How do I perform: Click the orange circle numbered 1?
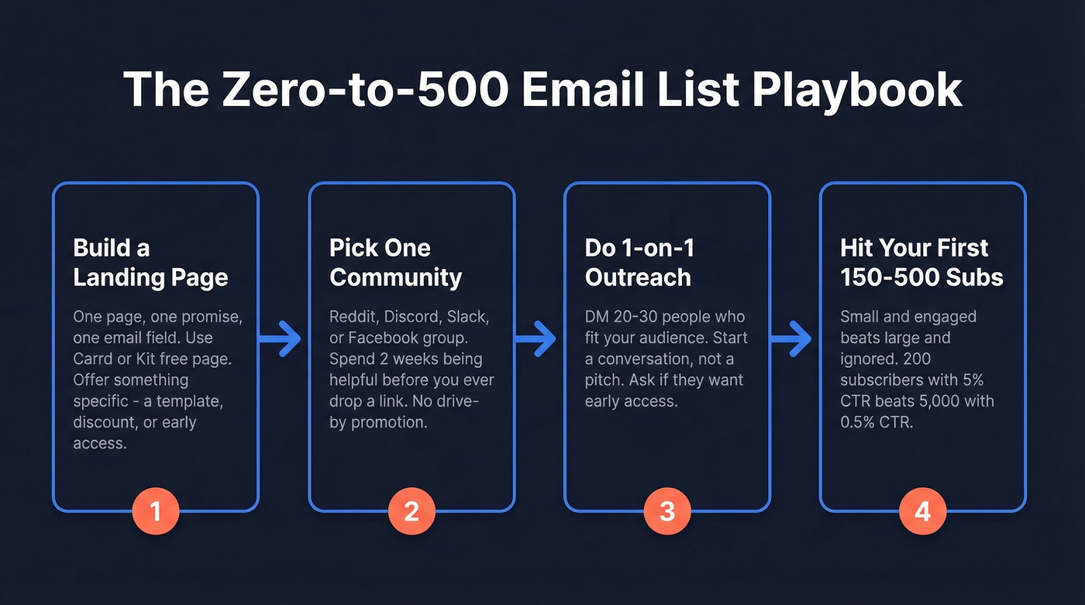155,511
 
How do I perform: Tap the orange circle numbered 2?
412,511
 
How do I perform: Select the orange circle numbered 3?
666,511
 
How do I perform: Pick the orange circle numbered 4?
922,511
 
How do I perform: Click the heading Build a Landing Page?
150,263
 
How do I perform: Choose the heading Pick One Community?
395,263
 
